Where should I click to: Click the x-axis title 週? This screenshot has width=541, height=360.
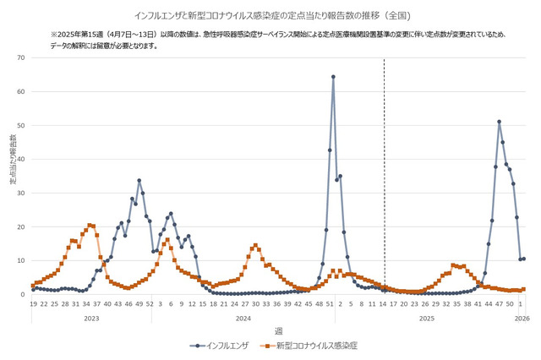click(278, 330)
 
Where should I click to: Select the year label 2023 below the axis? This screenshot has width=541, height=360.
click(90, 318)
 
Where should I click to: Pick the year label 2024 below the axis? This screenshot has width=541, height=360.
click(243, 318)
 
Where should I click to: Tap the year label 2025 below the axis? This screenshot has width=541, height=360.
click(427, 318)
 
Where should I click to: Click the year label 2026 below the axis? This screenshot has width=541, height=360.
click(522, 318)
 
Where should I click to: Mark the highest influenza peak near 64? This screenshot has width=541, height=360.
click(333, 77)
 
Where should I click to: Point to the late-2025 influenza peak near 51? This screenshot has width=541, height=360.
click(500, 122)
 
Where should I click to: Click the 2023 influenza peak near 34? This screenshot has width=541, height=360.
click(139, 180)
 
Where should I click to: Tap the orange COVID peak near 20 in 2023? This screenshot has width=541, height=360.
click(90, 226)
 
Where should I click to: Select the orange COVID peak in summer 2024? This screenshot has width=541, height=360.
click(255, 246)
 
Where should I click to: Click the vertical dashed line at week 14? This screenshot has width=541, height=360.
click(385, 169)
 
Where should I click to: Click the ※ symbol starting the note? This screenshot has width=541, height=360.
click(54, 34)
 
